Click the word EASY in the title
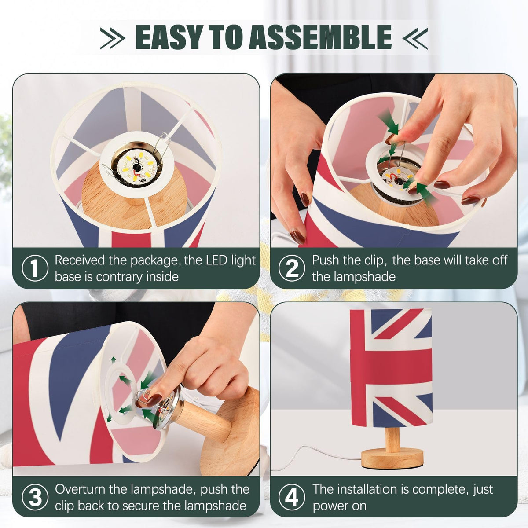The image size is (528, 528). [x=169, y=37]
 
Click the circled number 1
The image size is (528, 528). [x=35, y=268]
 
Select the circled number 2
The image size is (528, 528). [x=292, y=268]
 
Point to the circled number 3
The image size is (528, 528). [x=35, y=497]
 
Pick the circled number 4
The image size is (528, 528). [x=292, y=497]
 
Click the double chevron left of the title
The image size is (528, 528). [x=113, y=38]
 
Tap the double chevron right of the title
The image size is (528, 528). [x=415, y=38]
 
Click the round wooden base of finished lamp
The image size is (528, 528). [x=392, y=458]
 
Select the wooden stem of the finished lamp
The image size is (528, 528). [x=392, y=438]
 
